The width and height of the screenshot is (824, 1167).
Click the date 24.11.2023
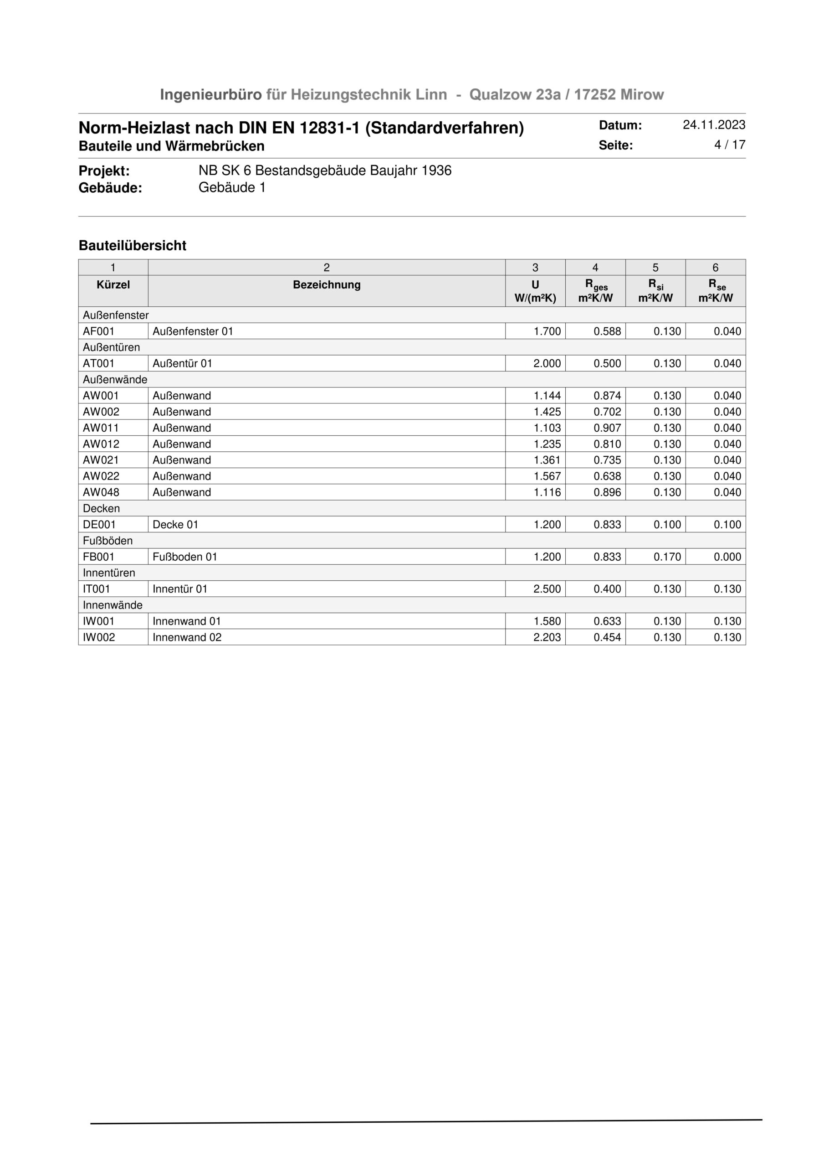[714, 125]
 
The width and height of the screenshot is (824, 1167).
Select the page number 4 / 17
[730, 145]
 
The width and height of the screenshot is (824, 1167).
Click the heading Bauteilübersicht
[132, 246]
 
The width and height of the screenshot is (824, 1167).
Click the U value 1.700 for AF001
[547, 331]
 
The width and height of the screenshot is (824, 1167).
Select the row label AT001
[98, 363]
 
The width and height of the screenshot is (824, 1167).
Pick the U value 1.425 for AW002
[547, 412]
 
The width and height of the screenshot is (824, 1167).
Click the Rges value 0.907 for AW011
[607, 428]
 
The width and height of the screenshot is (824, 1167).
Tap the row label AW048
[101, 492]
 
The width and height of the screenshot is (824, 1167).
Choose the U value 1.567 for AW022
[547, 476]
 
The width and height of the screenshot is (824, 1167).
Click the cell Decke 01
[175, 525]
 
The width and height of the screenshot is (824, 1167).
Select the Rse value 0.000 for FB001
[727, 557]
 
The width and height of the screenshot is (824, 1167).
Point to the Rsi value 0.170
[667, 557]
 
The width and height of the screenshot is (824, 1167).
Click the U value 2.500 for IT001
[547, 589]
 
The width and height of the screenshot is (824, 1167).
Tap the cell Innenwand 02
[187, 637]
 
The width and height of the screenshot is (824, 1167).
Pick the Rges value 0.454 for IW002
[607, 637]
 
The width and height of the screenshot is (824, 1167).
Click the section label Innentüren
[109, 573]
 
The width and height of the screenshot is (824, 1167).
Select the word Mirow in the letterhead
[642, 94]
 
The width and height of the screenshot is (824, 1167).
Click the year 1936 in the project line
[436, 171]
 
